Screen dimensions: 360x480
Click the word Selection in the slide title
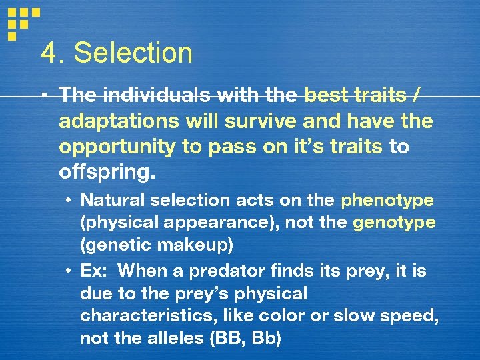coord(133,53)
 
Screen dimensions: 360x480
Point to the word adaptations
coord(116,122)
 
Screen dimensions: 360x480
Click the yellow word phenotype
coord(387,200)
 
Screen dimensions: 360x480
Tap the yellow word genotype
coord(394,223)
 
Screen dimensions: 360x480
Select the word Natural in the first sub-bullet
coord(109,200)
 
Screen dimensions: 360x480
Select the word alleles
coord(176,339)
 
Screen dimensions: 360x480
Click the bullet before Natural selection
coord(69,201)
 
